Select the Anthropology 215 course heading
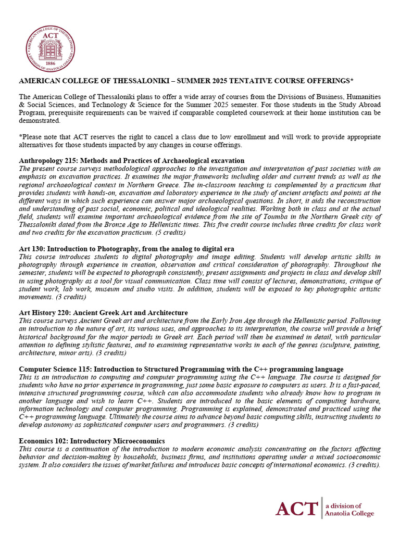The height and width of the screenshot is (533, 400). (x=132, y=160)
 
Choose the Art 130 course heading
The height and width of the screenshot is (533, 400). (x=127, y=248)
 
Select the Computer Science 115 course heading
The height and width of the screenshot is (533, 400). (x=181, y=369)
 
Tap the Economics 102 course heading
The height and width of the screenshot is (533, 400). (x=92, y=441)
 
